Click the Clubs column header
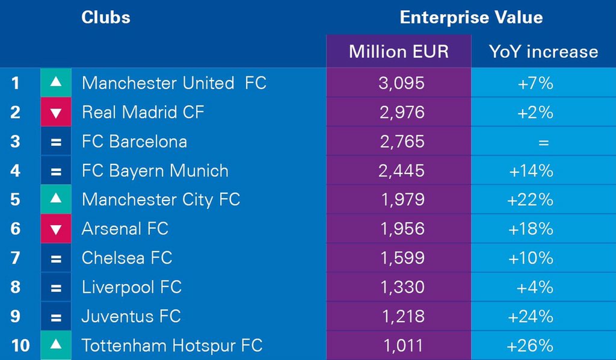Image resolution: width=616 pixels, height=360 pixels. coord(106,17)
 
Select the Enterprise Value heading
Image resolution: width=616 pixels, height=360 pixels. coord(471,17)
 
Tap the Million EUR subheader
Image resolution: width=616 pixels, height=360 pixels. coord(399,51)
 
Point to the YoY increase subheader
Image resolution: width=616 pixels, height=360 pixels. coord(543,51)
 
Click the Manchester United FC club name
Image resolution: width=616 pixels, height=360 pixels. coord(174,82)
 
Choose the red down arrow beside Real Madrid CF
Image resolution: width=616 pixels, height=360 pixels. coord(56,112)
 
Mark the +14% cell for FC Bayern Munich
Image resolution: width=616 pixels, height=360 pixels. coord(531,170)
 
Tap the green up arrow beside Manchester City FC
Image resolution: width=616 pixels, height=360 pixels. coord(56,199)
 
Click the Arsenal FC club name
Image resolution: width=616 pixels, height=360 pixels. coord(125,229)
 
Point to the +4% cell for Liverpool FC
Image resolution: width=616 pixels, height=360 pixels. coord(535,287)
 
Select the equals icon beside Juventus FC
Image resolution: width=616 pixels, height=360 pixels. coord(56,317)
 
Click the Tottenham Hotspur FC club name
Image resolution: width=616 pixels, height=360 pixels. coord(172,346)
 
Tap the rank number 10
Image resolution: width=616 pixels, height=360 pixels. coord(19,346)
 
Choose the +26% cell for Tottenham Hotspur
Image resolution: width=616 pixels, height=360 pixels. coord(531,346)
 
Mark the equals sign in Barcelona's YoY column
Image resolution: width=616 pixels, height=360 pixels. coord(544,142)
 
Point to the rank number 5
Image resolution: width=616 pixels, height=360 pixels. coord(16,199)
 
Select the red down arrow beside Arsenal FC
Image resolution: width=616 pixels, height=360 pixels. coord(56,229)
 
